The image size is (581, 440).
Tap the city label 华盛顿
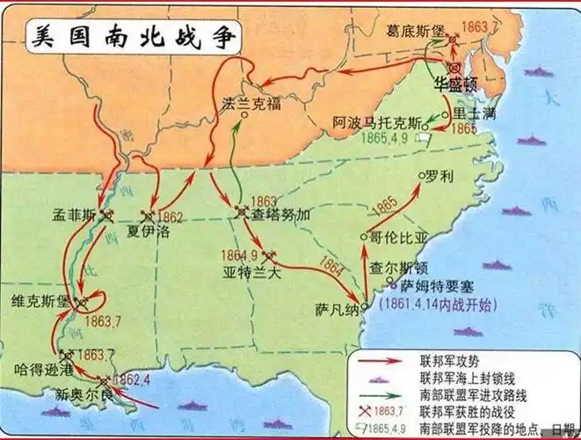(x=454, y=84)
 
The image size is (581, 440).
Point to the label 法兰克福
(x=251, y=104)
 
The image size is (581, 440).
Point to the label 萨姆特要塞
(x=426, y=287)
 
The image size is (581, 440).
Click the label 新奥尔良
(x=79, y=394)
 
